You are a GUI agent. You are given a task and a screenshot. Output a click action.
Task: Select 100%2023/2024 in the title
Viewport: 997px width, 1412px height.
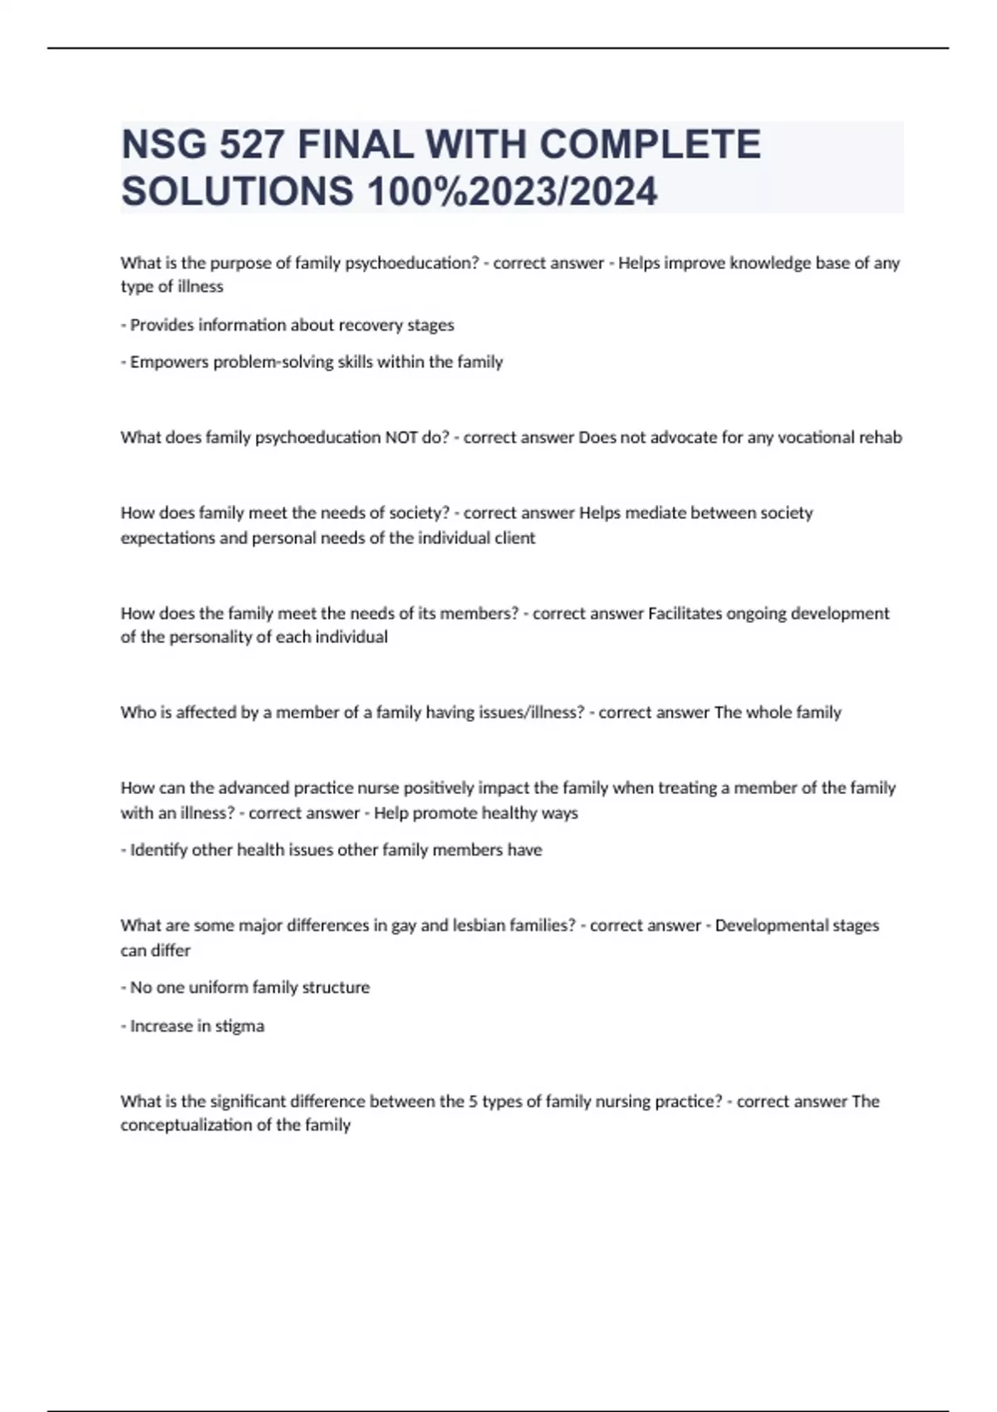pos(512,191)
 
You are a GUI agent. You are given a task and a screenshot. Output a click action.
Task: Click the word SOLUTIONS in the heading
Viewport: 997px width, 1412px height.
pos(238,191)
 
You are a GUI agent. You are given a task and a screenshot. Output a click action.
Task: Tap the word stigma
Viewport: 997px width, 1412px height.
pos(239,1027)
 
